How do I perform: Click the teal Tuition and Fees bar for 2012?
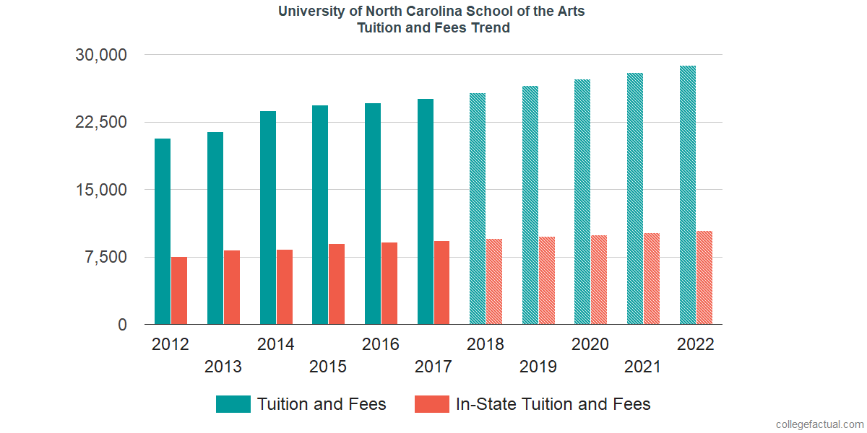[x=163, y=231]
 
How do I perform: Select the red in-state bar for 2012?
[x=179, y=290]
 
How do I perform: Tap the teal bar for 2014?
[x=268, y=217]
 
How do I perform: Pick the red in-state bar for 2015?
[x=337, y=284]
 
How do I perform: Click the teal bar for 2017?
[x=426, y=211]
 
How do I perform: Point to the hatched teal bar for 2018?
[x=478, y=209]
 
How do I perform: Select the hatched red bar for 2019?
[x=547, y=280]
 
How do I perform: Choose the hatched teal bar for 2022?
[x=688, y=195]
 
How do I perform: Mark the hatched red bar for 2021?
[x=652, y=279]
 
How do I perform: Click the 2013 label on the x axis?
[x=223, y=367]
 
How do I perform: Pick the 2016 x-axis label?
[x=381, y=344]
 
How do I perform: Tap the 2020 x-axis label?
[x=590, y=344]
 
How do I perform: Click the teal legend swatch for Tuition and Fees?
[x=233, y=404]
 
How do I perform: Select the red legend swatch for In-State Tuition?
[x=431, y=404]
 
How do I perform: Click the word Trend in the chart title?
[x=491, y=28]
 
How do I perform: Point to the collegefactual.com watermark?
[x=819, y=424]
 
